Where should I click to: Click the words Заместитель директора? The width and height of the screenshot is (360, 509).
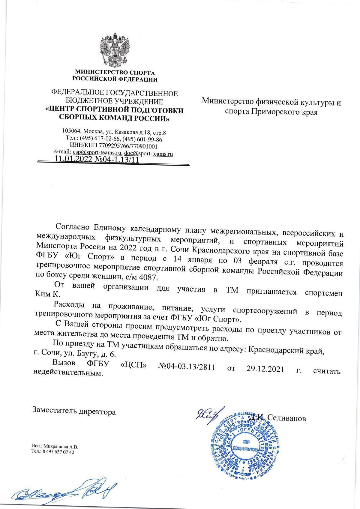pos(74,412)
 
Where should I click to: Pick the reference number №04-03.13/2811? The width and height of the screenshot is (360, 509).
pos(186,367)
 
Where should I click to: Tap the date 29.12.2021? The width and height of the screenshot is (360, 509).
pos(265,369)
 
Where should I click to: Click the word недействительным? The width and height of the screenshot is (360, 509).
pos(69,374)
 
